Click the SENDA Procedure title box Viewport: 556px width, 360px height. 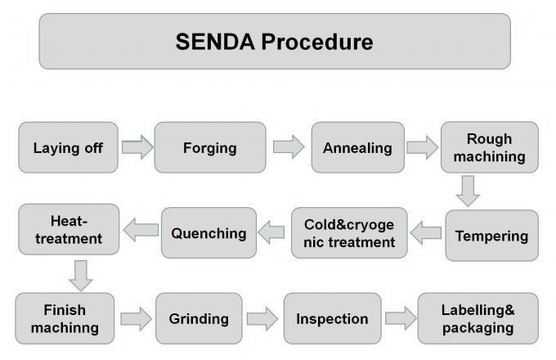click(274, 41)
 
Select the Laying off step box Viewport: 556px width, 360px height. click(68, 147)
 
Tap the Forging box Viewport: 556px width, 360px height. click(209, 147)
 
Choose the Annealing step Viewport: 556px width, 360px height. click(357, 147)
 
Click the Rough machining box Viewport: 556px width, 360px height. click(489, 147)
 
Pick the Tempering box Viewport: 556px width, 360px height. click(491, 236)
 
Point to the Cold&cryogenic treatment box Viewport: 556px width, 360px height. click(349, 233)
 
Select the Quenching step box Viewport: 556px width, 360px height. click(208, 233)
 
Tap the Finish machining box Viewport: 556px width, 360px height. click(69, 318)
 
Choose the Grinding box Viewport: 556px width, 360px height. click(198, 318)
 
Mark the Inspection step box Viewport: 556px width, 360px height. click(332, 318)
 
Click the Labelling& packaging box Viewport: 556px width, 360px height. click(478, 318)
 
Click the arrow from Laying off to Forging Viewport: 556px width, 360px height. click(137, 147)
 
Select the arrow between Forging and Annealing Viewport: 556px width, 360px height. click(288, 147)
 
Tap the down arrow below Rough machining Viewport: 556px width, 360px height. click(469, 191)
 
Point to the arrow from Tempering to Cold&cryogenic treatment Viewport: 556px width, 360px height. click(425, 235)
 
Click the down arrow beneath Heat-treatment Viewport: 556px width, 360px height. click(80, 276)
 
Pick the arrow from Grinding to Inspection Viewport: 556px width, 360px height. click(262, 318)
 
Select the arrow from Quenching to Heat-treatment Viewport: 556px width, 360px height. click(141, 232)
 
